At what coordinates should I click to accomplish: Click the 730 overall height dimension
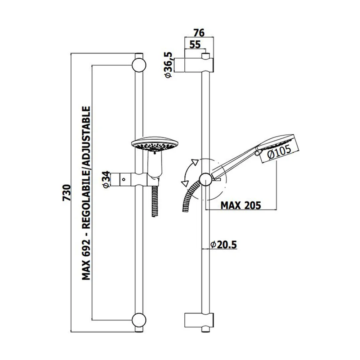coord(66,192)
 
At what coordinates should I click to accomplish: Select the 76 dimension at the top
coord(199,33)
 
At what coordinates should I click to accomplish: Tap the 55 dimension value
coord(195,44)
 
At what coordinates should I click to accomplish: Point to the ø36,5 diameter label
coord(169,65)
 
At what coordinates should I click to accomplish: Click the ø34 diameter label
coord(106,180)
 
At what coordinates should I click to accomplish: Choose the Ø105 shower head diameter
coord(279,152)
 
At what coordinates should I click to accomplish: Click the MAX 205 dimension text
coord(241,205)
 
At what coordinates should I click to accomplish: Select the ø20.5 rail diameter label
coord(224,245)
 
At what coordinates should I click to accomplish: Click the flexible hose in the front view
coord(155,200)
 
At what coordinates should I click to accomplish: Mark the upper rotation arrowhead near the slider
coord(195,162)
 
